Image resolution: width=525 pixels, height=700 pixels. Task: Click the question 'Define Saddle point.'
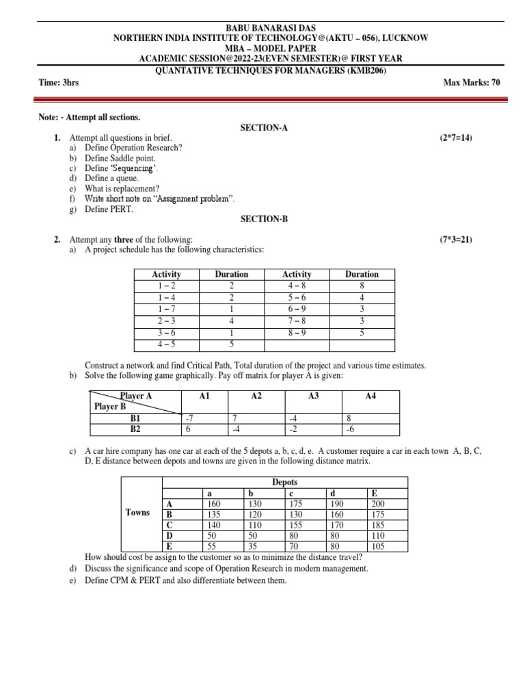[124, 158]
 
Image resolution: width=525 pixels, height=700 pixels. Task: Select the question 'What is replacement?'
[122, 188]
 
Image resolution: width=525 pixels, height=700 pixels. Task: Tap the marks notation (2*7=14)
[455, 138]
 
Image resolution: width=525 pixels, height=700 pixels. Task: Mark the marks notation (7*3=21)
[455, 239]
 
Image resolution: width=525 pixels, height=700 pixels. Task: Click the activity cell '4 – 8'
[296, 285]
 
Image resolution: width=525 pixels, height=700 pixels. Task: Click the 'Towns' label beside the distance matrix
[137, 512]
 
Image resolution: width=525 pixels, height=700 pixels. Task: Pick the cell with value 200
[378, 504]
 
